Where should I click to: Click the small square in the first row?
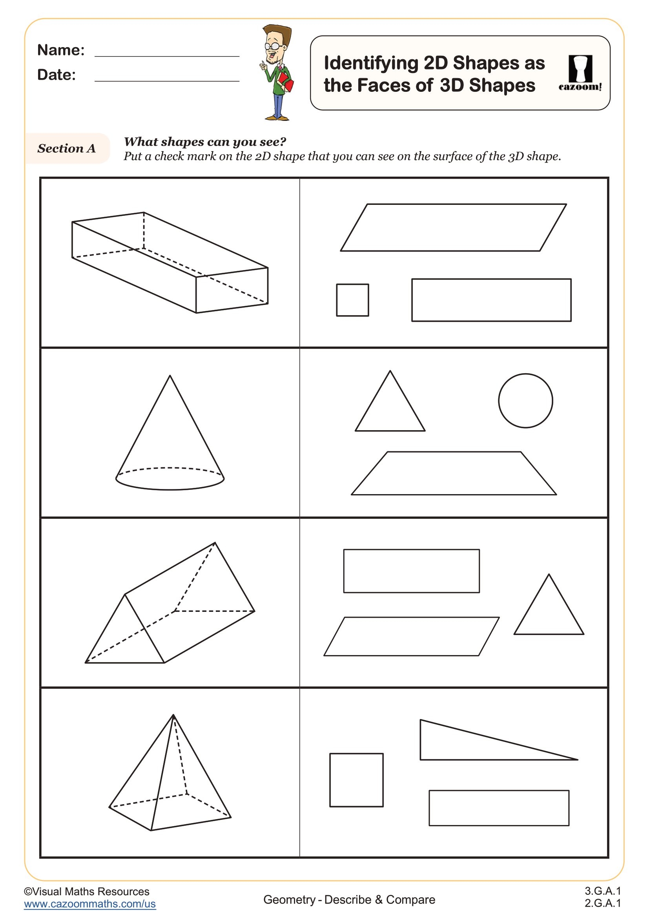point(352,300)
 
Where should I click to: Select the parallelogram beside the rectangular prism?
point(453,228)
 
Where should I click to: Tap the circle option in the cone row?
point(525,401)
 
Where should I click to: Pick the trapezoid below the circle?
point(453,473)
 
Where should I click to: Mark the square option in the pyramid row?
point(356,780)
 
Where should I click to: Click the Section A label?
point(66,148)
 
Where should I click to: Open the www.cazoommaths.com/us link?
point(89,903)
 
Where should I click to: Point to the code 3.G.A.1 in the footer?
point(602,891)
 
